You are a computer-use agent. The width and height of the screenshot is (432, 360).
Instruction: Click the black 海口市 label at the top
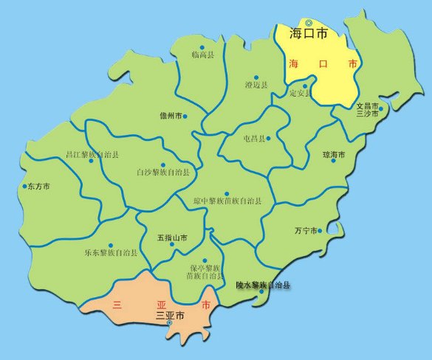tap(309, 34)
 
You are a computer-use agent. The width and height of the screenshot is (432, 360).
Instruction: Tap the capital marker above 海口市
tap(309, 22)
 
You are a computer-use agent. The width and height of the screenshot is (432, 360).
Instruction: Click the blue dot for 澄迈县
tap(256, 77)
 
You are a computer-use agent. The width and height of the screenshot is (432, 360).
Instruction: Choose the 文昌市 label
tap(367, 106)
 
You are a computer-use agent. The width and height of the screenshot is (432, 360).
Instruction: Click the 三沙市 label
tap(367, 114)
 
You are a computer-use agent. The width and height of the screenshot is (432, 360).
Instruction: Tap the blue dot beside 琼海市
tap(334, 160)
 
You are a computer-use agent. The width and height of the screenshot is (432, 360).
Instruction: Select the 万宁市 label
tap(306, 231)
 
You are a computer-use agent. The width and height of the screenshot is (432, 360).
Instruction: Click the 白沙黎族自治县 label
tap(163, 173)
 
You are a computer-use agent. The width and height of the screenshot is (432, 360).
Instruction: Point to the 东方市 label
tap(37, 187)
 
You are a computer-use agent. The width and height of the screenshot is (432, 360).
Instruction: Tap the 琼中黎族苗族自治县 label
tap(227, 201)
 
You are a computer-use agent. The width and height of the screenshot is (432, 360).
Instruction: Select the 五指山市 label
tap(171, 238)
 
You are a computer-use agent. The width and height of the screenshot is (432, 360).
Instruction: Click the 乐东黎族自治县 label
tap(110, 253)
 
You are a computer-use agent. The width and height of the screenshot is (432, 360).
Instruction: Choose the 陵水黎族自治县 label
tap(262, 285)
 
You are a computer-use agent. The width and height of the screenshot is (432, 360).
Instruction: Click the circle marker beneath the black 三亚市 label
tap(169, 323)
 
